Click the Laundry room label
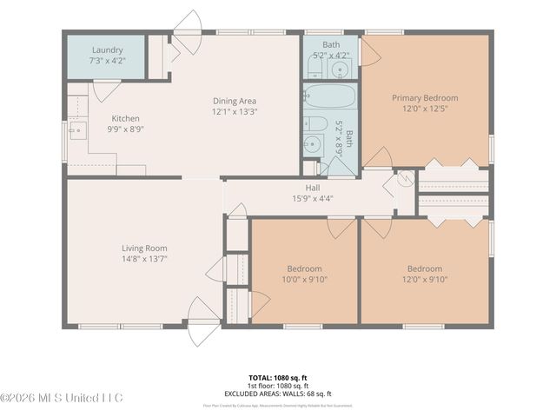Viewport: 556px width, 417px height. click(x=107, y=50)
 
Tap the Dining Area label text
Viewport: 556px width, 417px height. click(x=235, y=101)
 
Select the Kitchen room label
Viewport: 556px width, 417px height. click(x=125, y=119)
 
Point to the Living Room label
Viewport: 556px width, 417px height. click(x=144, y=248)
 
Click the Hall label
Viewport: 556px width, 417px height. click(x=313, y=188)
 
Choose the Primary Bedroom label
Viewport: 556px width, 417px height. click(x=424, y=98)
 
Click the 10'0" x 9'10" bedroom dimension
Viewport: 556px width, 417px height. click(x=304, y=279)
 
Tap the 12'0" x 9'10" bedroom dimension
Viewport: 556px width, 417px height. click(x=424, y=279)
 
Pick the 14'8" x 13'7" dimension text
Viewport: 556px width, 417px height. click(x=144, y=259)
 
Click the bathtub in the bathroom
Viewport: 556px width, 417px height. click(x=330, y=96)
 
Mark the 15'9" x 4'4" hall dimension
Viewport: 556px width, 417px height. click(x=313, y=198)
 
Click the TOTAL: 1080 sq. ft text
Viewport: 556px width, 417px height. click(x=278, y=378)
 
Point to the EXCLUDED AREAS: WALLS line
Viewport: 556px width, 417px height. click(x=278, y=394)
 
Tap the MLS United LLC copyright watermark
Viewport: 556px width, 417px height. click(x=62, y=398)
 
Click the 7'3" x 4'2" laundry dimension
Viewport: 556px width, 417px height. click(x=107, y=62)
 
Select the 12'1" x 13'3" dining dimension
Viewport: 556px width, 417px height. click(x=235, y=111)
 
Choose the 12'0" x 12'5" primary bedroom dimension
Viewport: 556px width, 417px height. click(x=424, y=109)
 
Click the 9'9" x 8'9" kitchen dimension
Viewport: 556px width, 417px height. click(x=125, y=129)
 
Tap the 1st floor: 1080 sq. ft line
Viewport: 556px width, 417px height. click(x=278, y=386)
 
